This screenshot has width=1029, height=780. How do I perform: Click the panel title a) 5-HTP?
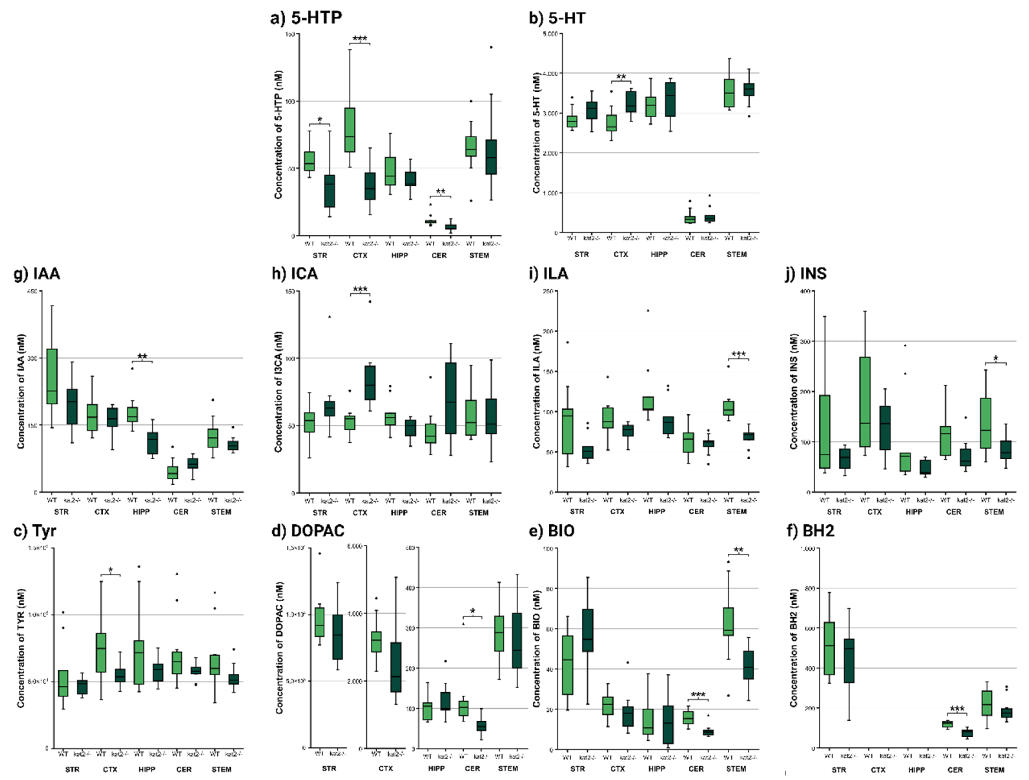pyautogui.click(x=306, y=17)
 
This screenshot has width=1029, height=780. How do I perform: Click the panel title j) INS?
pyautogui.click(x=806, y=273)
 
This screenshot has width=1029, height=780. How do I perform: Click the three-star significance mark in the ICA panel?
pyautogui.click(x=360, y=289)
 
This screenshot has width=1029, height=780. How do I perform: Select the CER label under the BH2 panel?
pyautogui.click(x=955, y=770)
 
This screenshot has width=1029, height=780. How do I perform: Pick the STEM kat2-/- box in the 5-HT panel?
pyautogui.click(x=749, y=89)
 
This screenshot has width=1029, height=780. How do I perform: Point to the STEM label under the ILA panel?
pyautogui.click(x=736, y=511)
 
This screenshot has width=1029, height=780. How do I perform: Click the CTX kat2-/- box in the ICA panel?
pyautogui.click(x=370, y=383)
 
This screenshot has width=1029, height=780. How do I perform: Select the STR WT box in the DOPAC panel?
pyautogui.click(x=319, y=622)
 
